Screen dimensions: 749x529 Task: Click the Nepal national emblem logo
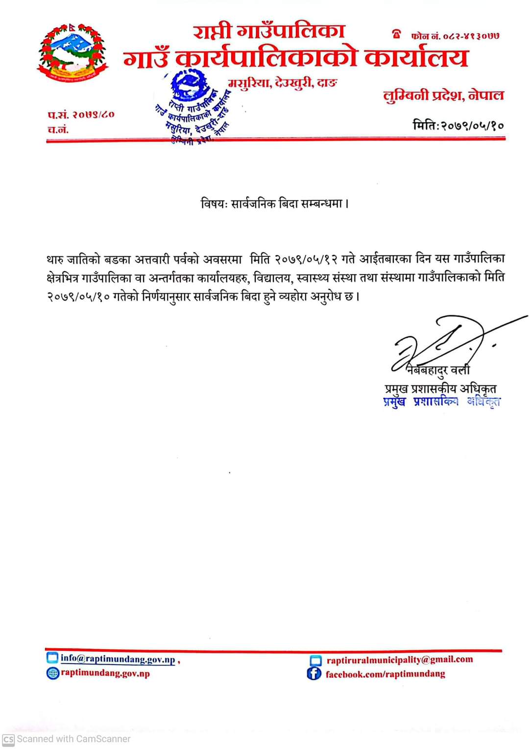pyautogui.click(x=72, y=52)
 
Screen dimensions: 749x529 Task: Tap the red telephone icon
pyautogui.click(x=396, y=34)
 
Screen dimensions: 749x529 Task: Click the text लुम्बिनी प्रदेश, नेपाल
pyautogui.click(x=443, y=95)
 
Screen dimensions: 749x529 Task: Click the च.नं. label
pyautogui.click(x=58, y=129)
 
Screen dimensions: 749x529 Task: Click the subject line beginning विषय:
pyautogui.click(x=275, y=203)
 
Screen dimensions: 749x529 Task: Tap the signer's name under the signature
pyautogui.click(x=438, y=370)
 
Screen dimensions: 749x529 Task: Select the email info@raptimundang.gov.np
pyautogui.click(x=118, y=659)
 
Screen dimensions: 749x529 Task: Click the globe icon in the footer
pyautogui.click(x=52, y=673)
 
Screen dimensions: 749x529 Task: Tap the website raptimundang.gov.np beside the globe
pyautogui.click(x=105, y=673)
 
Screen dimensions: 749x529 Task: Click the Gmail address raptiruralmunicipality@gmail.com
pyautogui.click(x=400, y=659)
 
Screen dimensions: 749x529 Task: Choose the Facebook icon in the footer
pyautogui.click(x=313, y=674)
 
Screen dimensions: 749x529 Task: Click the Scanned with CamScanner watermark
pyautogui.click(x=67, y=739)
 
